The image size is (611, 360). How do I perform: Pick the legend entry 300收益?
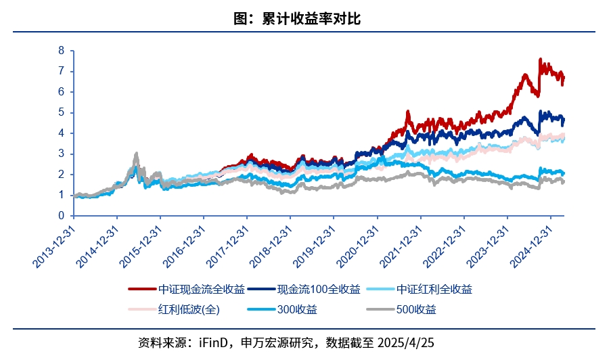click(296, 310)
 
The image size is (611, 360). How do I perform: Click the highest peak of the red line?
click(539, 59)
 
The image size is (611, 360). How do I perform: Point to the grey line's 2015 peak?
click(137, 154)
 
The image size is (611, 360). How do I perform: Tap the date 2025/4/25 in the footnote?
click(405, 342)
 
